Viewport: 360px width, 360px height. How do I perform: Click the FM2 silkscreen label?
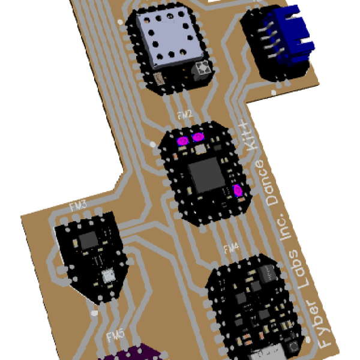185,113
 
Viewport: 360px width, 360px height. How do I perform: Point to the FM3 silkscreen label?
78,206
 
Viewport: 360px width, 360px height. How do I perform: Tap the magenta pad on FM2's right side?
238,191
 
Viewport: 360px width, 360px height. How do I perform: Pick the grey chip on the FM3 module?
89,240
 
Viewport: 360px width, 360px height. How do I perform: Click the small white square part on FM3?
109,275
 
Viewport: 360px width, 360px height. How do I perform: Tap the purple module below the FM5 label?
135,353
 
